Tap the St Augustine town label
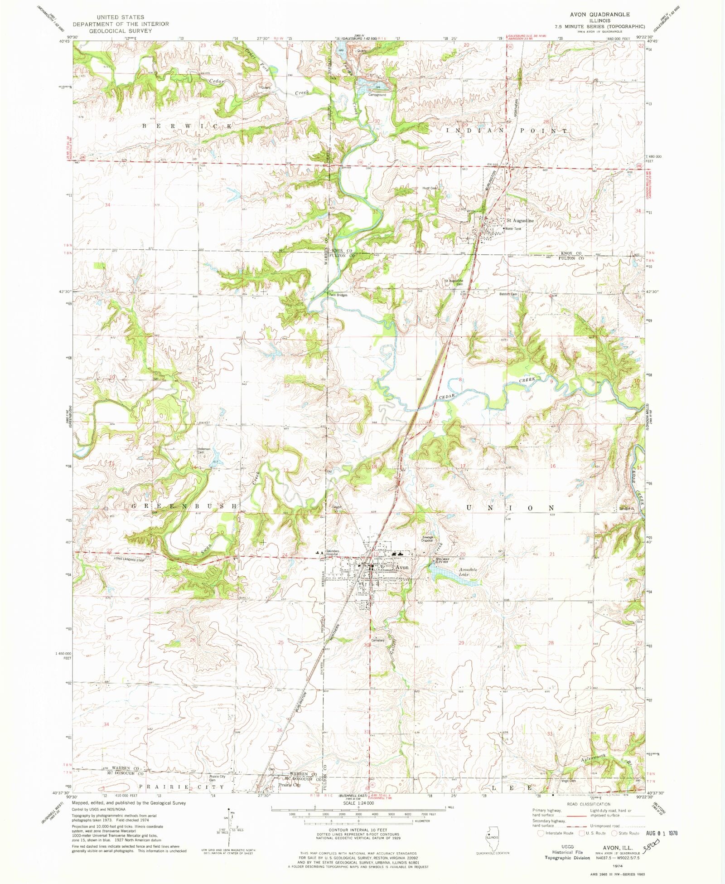point(520,221)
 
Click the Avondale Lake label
point(468,572)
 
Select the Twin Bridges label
point(338,295)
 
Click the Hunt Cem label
point(430,188)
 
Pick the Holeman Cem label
point(204,451)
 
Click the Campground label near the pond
point(377,95)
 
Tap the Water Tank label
point(513,229)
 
